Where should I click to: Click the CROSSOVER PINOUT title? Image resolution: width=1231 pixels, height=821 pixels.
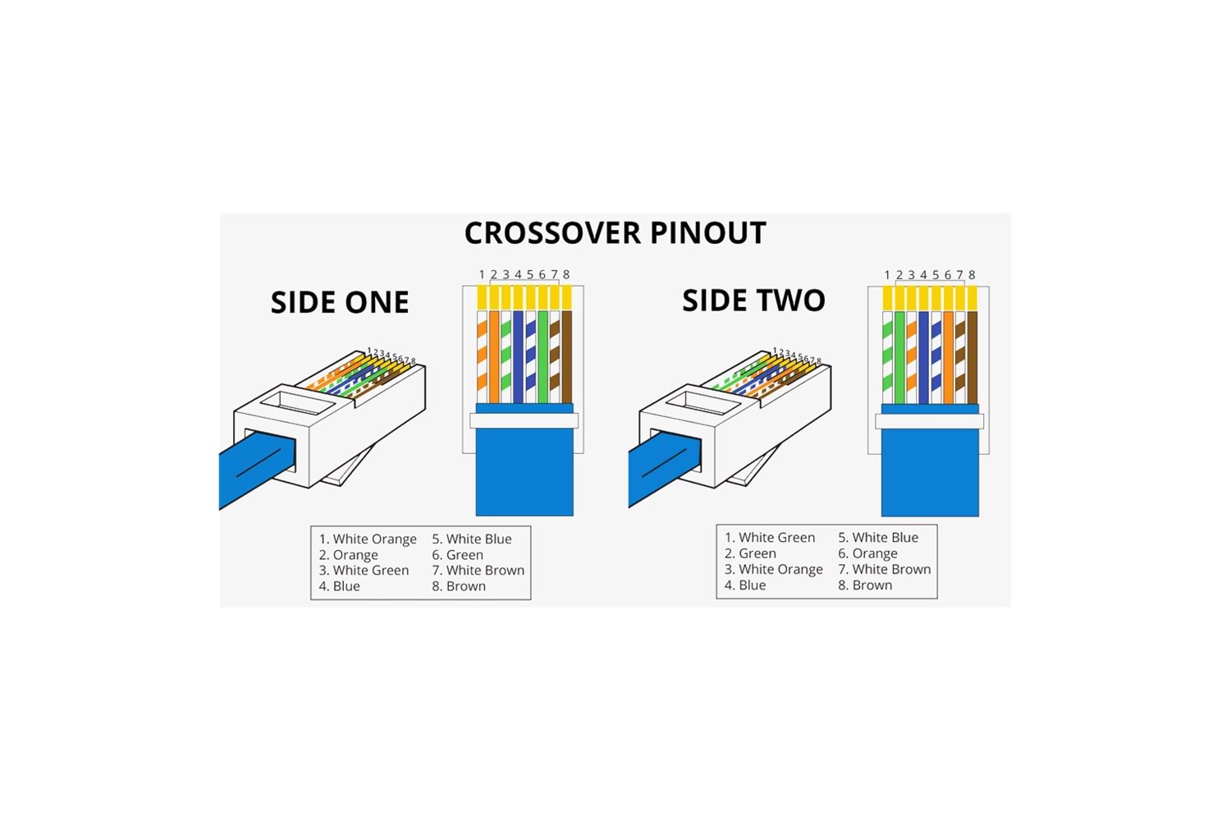615,233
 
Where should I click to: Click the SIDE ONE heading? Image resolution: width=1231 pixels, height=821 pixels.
340,302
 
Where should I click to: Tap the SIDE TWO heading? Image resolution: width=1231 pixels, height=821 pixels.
753,300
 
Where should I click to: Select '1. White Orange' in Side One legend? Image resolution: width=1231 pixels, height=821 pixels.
368,539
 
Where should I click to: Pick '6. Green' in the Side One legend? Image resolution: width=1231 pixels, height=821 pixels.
457,555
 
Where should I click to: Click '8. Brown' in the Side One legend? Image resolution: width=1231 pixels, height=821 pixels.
459,586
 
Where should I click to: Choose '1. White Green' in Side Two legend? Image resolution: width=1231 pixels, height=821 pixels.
770,538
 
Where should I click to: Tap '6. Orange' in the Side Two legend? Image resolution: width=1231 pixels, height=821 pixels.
867,553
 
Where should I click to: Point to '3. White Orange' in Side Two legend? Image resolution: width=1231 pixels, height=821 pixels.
773,569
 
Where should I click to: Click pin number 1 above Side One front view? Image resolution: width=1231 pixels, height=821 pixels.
482,275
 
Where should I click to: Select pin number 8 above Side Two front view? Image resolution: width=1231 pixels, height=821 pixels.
972,275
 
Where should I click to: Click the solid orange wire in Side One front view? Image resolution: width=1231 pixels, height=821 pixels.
494,357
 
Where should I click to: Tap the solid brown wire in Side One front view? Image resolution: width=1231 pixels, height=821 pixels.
566,357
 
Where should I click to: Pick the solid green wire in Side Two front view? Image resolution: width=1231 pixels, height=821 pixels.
899,357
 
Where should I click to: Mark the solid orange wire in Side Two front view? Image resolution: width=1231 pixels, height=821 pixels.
948,357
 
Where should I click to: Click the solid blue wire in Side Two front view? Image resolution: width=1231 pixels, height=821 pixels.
923,357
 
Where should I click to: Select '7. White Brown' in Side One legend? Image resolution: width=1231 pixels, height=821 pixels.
478,571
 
